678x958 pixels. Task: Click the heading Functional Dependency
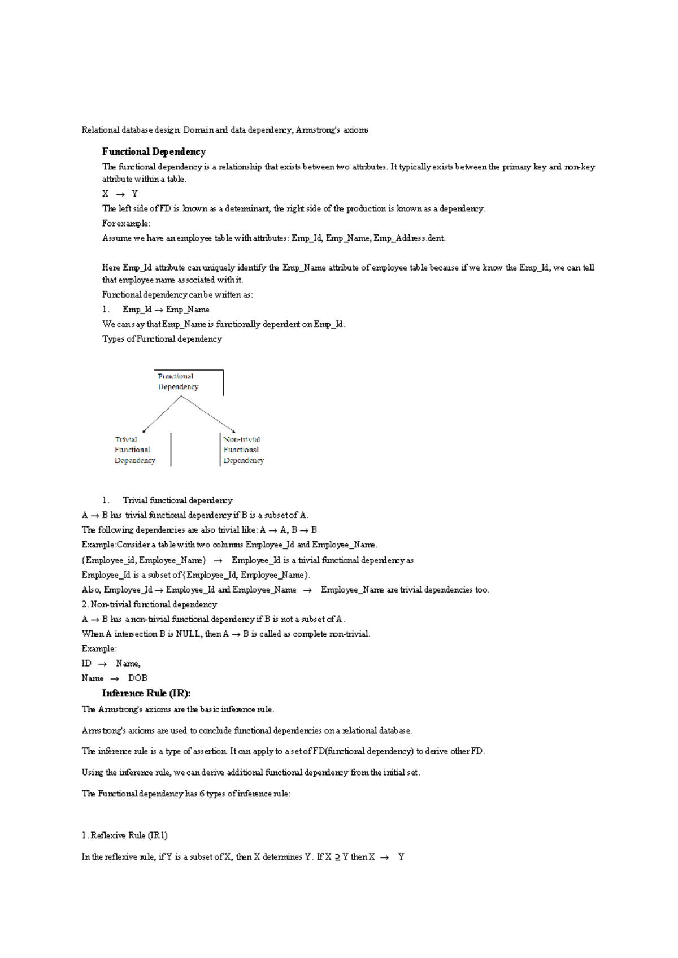pyautogui.click(x=154, y=151)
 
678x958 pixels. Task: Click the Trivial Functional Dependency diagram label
pyautogui.click(x=134, y=450)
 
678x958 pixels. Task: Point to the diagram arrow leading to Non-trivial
pyautogui.click(x=208, y=413)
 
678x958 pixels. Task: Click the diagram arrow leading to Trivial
pyautogui.click(x=162, y=414)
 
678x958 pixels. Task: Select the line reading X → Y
pyautogui.click(x=120, y=194)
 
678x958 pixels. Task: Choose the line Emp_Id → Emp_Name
pyautogui.click(x=166, y=310)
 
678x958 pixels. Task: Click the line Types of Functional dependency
pyautogui.click(x=162, y=339)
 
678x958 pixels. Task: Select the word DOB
pyautogui.click(x=137, y=678)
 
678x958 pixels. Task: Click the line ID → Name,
pyautogui.click(x=111, y=663)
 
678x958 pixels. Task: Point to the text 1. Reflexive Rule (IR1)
pyautogui.click(x=124, y=835)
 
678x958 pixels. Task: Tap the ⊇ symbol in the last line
pyautogui.click(x=337, y=857)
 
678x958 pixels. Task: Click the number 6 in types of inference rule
pyautogui.click(x=202, y=794)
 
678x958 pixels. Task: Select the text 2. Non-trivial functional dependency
pyautogui.click(x=149, y=604)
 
